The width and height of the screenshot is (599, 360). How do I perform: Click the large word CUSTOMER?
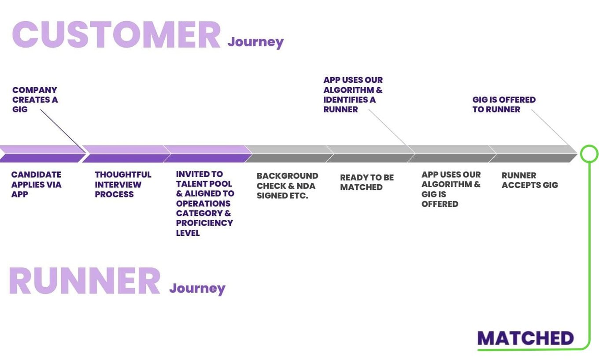coord(116,35)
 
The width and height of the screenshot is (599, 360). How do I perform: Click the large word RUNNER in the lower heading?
coord(85,281)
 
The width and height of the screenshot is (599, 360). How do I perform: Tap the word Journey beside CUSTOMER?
coord(255,42)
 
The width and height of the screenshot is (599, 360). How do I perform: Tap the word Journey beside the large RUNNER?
coord(197,289)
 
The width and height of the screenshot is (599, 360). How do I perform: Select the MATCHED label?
coord(525,338)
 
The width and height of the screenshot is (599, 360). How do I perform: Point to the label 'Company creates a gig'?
coord(35,100)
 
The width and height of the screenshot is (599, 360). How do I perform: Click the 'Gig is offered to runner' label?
coord(504,104)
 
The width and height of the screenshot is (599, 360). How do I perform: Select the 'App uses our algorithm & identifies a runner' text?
coord(353,95)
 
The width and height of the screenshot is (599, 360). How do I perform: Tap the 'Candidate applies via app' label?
coord(37,185)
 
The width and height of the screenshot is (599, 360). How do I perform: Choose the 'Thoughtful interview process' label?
coord(123,185)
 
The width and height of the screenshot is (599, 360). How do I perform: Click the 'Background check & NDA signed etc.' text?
coord(288,186)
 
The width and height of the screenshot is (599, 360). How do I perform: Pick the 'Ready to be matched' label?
coord(367,182)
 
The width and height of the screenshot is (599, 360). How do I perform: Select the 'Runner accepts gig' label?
coord(530,180)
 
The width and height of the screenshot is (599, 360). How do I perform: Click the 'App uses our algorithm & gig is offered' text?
coord(451,189)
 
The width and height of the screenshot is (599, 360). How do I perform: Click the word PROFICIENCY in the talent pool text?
coord(204,223)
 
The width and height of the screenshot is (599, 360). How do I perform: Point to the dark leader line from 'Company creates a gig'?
coord(63,131)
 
